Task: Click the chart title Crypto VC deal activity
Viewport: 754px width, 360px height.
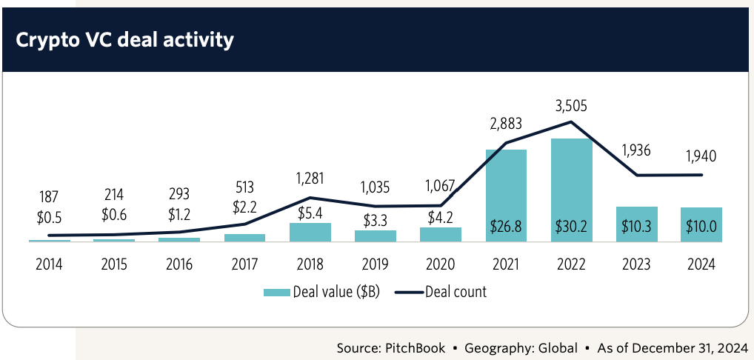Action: (124, 39)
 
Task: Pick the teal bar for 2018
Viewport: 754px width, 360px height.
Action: (310, 232)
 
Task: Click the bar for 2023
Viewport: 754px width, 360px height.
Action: (636, 224)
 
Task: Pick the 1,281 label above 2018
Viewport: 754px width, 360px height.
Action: (310, 179)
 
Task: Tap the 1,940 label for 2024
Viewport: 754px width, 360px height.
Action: (701, 156)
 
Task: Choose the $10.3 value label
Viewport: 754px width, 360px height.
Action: (636, 227)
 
